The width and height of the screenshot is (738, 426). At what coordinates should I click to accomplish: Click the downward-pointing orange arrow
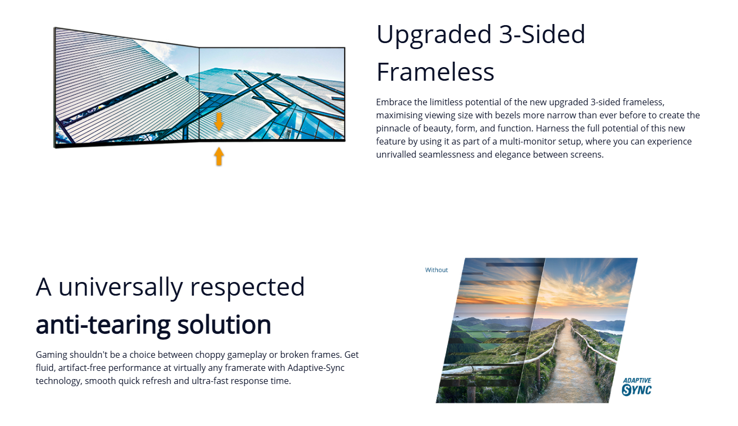[219, 122]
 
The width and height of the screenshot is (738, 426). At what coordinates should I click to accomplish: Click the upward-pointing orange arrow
[219, 156]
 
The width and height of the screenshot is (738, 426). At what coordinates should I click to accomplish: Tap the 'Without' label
[436, 270]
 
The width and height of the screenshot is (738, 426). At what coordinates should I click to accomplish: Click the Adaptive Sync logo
[637, 387]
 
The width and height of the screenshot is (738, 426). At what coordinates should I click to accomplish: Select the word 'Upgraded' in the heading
[434, 35]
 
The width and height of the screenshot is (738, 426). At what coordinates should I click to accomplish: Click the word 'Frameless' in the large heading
[435, 72]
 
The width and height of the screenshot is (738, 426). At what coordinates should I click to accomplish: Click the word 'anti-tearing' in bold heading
[103, 325]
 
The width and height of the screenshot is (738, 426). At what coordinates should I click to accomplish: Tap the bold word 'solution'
[224, 325]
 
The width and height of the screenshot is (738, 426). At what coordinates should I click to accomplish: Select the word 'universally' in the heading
[120, 287]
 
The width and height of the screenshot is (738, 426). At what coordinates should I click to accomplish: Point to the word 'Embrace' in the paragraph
[394, 103]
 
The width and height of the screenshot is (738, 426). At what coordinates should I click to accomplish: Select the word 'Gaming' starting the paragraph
[51, 355]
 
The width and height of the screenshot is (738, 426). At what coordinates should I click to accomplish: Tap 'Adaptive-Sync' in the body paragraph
[316, 368]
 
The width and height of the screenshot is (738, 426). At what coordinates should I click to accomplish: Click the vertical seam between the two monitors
[199, 94]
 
